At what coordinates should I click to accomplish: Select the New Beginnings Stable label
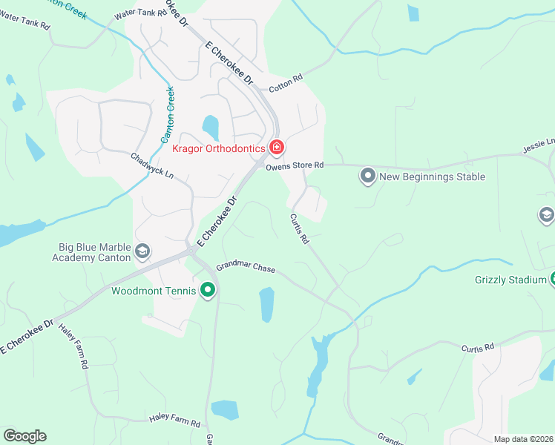(432, 177)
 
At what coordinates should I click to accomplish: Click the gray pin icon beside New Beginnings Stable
(367, 177)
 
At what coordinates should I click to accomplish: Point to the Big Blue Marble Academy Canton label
(95, 252)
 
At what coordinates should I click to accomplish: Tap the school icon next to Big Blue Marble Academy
(143, 253)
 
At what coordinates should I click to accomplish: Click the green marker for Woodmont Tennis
(208, 291)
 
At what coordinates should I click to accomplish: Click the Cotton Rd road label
(286, 82)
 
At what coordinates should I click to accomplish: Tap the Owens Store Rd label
(295, 166)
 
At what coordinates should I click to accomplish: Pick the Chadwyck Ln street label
(151, 166)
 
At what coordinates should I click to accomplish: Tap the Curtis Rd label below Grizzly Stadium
(477, 348)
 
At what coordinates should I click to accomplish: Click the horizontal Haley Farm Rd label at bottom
(174, 421)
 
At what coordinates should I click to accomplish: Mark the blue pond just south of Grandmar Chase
(266, 305)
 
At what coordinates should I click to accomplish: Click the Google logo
(24, 436)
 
